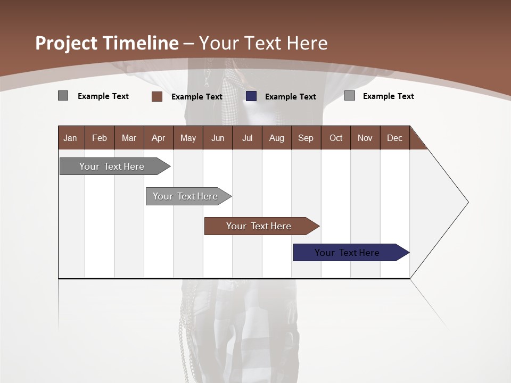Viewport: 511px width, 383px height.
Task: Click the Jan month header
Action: pyautogui.click(x=71, y=138)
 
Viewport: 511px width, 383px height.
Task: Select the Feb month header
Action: pyautogui.click(x=100, y=138)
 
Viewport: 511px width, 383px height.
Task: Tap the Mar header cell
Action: pyautogui.click(x=129, y=138)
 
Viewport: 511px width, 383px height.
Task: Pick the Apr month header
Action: pyautogui.click(x=159, y=138)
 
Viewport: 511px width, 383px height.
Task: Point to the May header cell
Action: pyautogui.click(x=188, y=138)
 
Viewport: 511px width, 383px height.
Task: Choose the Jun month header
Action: pyautogui.click(x=218, y=138)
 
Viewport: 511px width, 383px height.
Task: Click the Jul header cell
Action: pyautogui.click(x=247, y=138)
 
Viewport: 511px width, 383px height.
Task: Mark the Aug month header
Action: pyautogui.click(x=277, y=138)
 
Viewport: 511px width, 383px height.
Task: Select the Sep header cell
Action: pyautogui.click(x=306, y=138)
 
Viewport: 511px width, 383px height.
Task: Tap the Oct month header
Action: pyautogui.click(x=336, y=138)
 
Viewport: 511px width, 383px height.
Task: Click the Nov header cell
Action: pyautogui.click(x=365, y=138)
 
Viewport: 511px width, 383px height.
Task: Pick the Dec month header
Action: pyautogui.click(x=395, y=138)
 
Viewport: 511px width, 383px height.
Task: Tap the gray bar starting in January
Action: pyautogui.click(x=112, y=166)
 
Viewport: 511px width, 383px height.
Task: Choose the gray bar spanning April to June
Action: pyautogui.click(x=186, y=196)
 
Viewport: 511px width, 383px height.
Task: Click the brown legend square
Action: pyautogui.click(x=157, y=96)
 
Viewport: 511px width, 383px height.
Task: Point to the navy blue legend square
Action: pyautogui.click(x=251, y=96)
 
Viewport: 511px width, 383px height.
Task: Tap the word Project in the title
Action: pyautogui.click(x=67, y=43)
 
